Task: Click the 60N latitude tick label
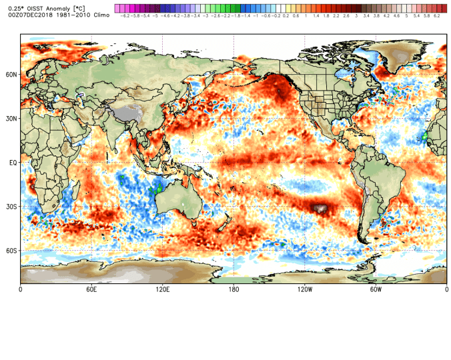coord(11,75)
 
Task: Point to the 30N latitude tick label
coord(11,119)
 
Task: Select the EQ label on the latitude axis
coord(12,163)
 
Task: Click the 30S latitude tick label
coord(11,207)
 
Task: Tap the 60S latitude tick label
coord(11,251)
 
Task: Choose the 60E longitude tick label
coord(91,290)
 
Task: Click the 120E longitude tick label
coord(162,290)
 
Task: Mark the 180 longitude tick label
coord(234,290)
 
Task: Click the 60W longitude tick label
coord(376,290)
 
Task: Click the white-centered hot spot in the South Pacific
coord(322,209)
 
